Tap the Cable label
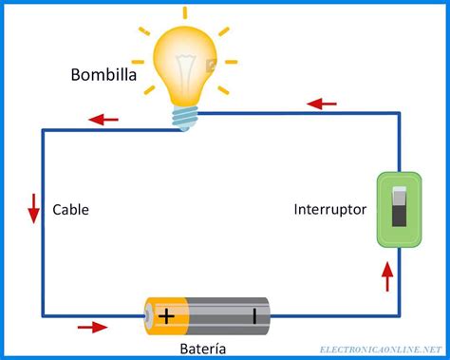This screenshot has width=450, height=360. tap(71, 210)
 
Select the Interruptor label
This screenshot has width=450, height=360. tap(329, 210)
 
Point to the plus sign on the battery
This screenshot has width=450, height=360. tap(167, 316)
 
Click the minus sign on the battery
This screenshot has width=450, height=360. tap(253, 316)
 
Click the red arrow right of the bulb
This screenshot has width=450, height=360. tap(323, 102)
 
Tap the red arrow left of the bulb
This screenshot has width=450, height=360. tap(103, 120)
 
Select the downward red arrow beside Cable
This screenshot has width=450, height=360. tap(34, 208)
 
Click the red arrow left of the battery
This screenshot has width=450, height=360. tap(92, 328)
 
